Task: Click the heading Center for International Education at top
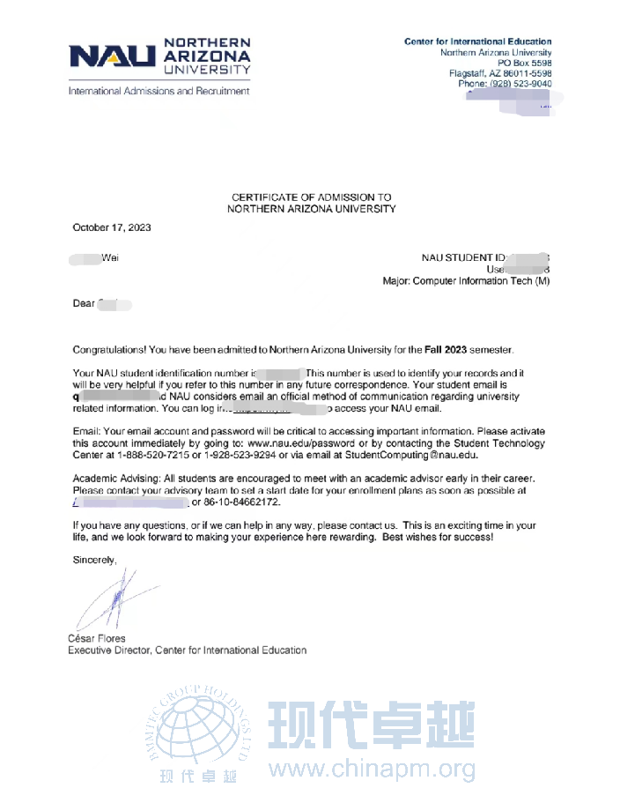tap(477, 41)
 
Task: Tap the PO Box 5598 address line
tap(524, 63)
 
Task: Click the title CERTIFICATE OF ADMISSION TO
tap(311, 197)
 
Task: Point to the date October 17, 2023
tap(111, 227)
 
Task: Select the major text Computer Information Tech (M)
tap(481, 281)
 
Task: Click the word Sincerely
tap(93, 560)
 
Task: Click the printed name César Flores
tap(97, 638)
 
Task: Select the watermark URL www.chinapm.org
tap(372, 770)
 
